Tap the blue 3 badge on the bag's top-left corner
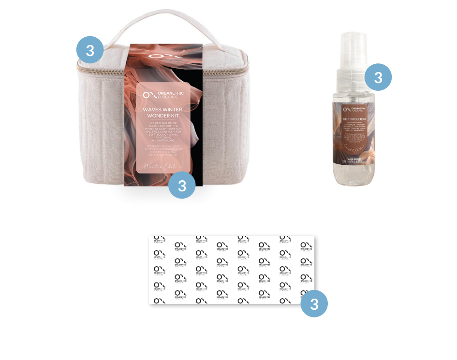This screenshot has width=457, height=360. click(90, 50)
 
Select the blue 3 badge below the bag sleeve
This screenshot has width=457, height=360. click(182, 186)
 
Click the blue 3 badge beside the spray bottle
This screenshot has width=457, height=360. click(378, 77)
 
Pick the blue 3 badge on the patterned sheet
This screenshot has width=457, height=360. click(314, 304)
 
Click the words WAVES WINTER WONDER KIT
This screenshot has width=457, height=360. click(163, 113)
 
